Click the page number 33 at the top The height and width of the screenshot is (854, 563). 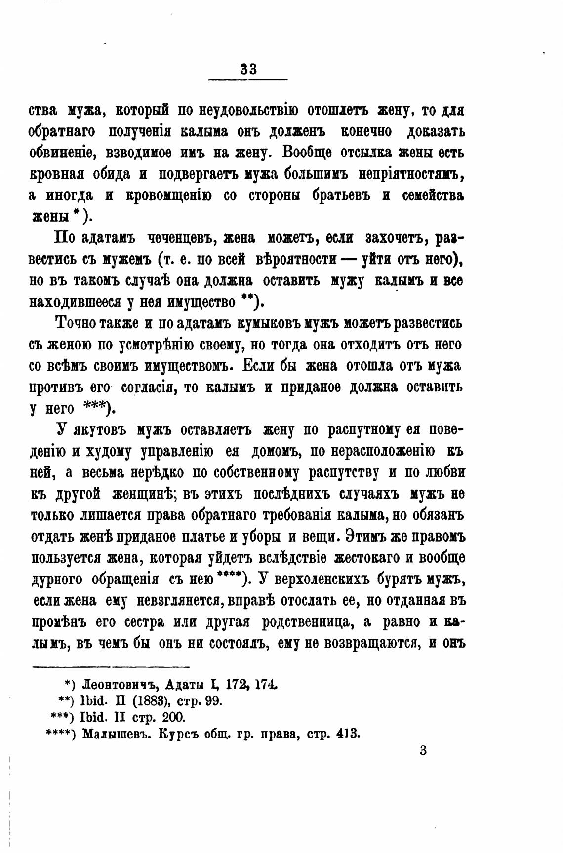(248, 69)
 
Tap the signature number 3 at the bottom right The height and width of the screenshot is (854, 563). (423, 751)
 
